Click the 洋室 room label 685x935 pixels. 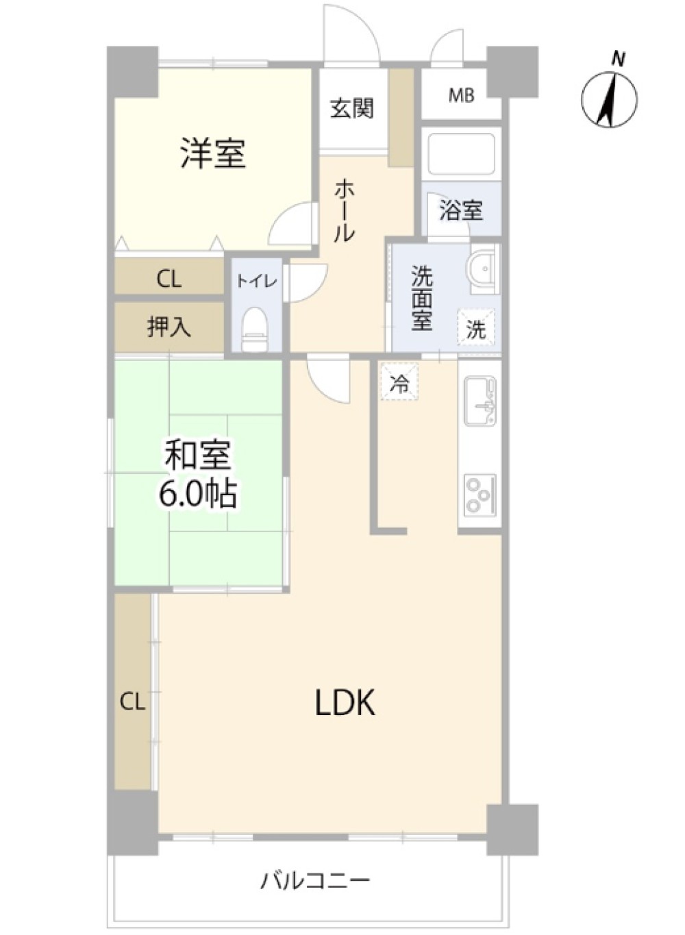pyautogui.click(x=213, y=153)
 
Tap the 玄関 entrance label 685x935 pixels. pyautogui.click(x=352, y=108)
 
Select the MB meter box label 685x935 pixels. pyautogui.click(x=461, y=97)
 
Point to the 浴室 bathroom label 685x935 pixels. pyautogui.click(x=461, y=210)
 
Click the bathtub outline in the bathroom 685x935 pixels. pyautogui.click(x=461, y=153)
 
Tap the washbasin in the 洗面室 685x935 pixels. pyautogui.click(x=483, y=270)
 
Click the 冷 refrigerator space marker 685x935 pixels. pyautogui.click(x=399, y=382)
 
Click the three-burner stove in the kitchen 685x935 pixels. pyautogui.click(x=480, y=495)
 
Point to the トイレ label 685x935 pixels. pyautogui.click(x=257, y=282)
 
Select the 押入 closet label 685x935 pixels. pyautogui.click(x=169, y=327)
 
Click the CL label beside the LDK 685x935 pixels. pyautogui.click(x=132, y=703)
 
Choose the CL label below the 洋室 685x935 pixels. pyautogui.click(x=169, y=279)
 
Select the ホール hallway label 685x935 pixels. pyautogui.click(x=345, y=210)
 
